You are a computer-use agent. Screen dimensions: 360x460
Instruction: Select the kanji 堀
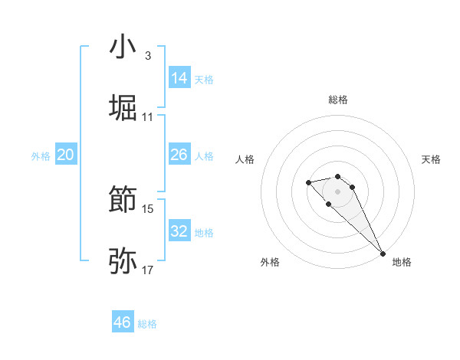[x=123, y=107]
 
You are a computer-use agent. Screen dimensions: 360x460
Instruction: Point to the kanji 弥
[x=123, y=261]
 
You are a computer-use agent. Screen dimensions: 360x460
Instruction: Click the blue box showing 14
[x=179, y=77]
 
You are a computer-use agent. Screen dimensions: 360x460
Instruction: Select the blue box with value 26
[x=179, y=155]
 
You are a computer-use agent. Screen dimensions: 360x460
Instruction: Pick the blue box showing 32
[x=179, y=231]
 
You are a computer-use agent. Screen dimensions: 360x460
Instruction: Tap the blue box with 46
[x=123, y=322]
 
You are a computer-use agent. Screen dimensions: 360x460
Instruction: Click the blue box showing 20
[x=66, y=155]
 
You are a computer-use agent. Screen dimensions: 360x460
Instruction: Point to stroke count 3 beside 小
[x=147, y=56]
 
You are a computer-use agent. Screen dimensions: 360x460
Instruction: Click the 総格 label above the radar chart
[x=338, y=100]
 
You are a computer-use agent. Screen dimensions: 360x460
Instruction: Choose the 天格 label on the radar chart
[x=431, y=159]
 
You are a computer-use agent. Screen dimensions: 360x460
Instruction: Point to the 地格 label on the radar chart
[x=402, y=262]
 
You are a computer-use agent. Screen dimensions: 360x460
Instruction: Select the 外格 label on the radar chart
[x=270, y=262]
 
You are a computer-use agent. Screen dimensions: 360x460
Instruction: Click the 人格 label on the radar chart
[x=245, y=159]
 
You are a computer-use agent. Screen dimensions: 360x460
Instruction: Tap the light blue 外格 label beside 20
[x=41, y=155]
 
